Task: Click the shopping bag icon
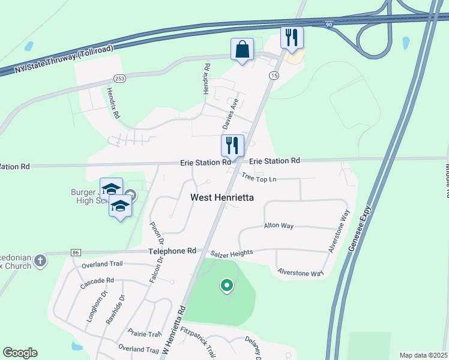242,50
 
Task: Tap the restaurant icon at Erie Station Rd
233,145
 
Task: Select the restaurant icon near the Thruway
292,38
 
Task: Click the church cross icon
40,260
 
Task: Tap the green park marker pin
226,286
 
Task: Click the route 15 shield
274,75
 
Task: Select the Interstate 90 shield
329,25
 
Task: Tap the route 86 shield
75,253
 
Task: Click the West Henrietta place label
222,197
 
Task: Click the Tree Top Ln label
259,178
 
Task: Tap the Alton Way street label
279,226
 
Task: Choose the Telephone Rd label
174,251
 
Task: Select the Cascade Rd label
97,281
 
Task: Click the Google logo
20,353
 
